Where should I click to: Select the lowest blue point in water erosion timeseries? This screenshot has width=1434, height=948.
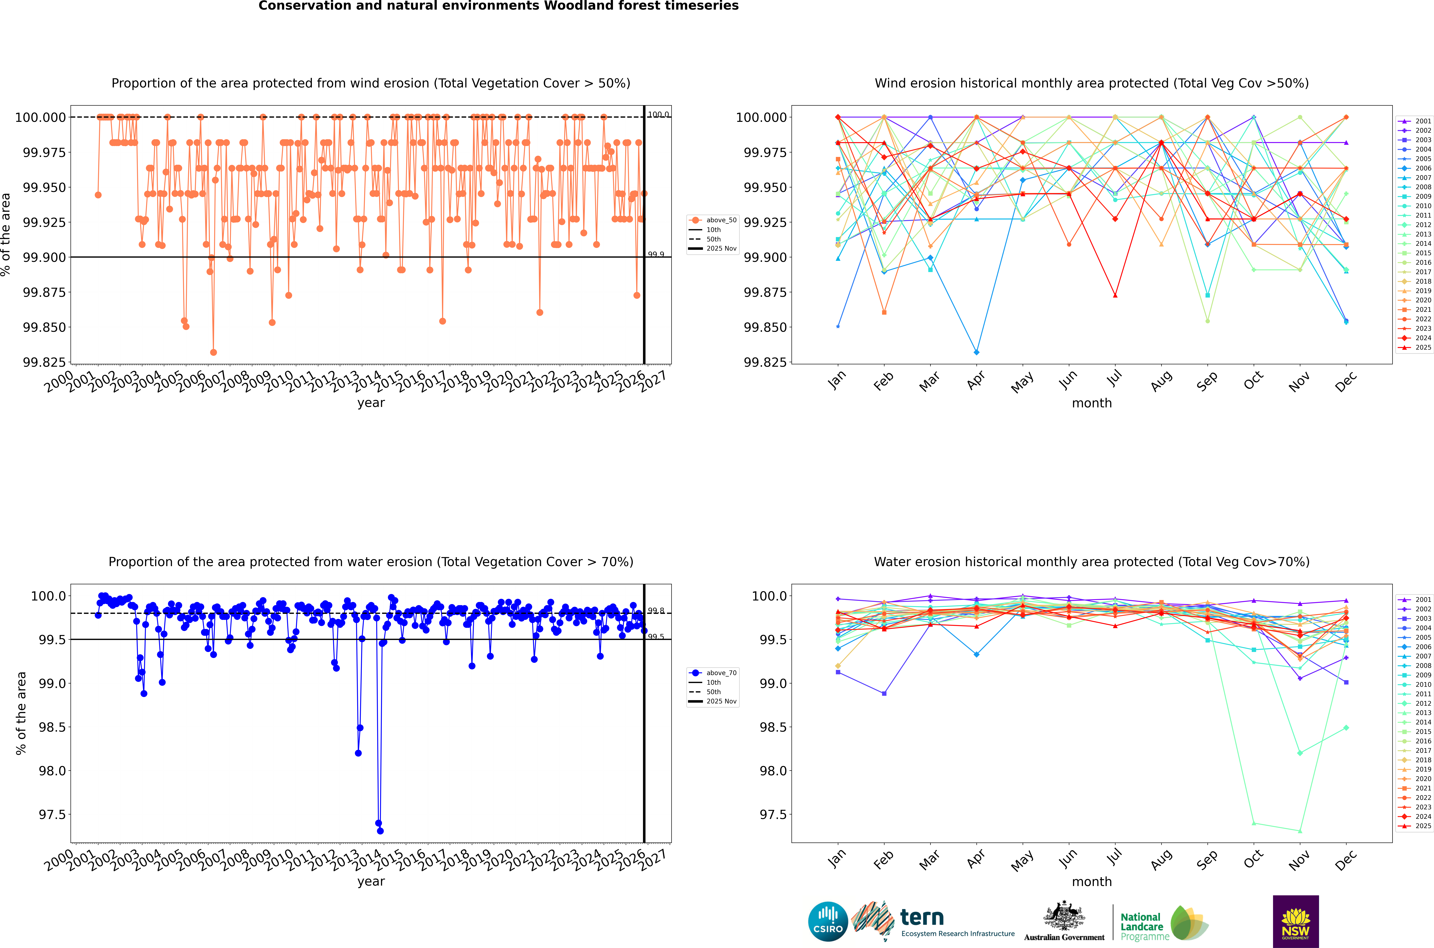(x=380, y=831)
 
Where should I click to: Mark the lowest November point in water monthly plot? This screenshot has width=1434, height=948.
(x=1300, y=831)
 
